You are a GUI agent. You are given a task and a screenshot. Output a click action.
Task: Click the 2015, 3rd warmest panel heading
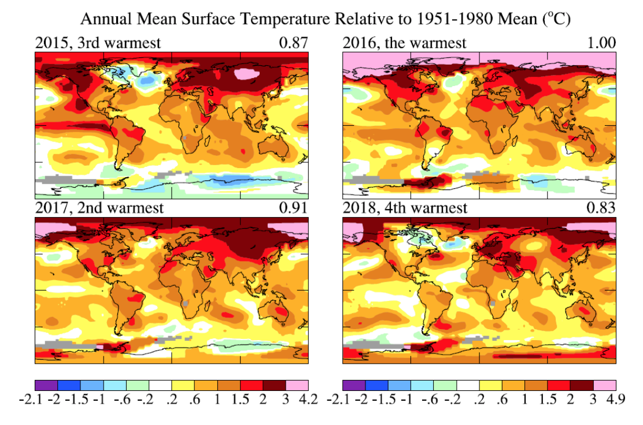(x=98, y=43)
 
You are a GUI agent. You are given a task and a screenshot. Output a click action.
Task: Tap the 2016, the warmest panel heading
(x=405, y=43)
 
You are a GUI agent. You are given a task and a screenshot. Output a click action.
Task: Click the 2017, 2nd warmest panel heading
(x=99, y=208)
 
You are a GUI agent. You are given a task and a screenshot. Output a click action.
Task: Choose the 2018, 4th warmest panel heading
(x=405, y=208)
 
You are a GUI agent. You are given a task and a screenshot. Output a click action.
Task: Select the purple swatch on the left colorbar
(x=46, y=385)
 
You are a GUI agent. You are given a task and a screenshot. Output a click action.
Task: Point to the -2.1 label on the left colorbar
(x=36, y=400)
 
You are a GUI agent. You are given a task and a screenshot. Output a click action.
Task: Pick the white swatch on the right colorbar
(x=467, y=385)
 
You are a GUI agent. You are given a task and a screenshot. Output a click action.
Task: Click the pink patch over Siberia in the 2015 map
(x=247, y=74)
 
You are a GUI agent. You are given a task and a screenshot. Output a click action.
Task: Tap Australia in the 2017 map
(x=278, y=312)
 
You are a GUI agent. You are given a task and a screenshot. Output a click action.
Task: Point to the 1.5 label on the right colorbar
(x=546, y=400)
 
